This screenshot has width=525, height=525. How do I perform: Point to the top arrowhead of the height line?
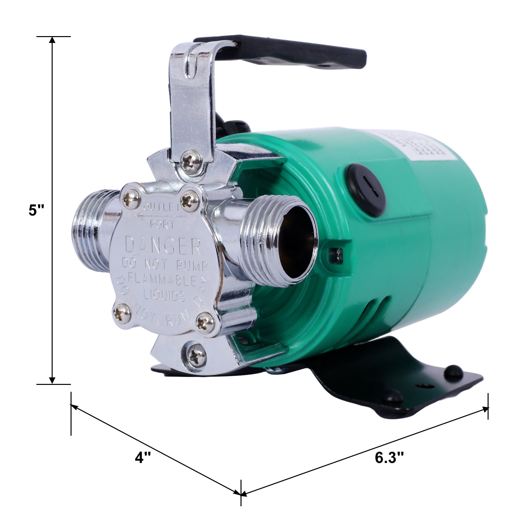point(52,40)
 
